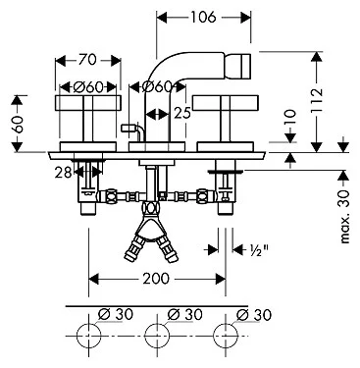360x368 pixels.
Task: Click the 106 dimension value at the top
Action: pos(203,18)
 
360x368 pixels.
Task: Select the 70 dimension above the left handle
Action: pos(88,60)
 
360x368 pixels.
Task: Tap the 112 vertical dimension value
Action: pos(317,100)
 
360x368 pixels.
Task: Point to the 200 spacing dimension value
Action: pos(156,279)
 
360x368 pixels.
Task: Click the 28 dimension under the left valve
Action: pos(64,172)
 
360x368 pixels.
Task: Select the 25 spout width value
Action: pos(182,113)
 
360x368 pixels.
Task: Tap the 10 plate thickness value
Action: pos(289,118)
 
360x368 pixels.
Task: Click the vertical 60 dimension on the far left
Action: pos(19,125)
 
